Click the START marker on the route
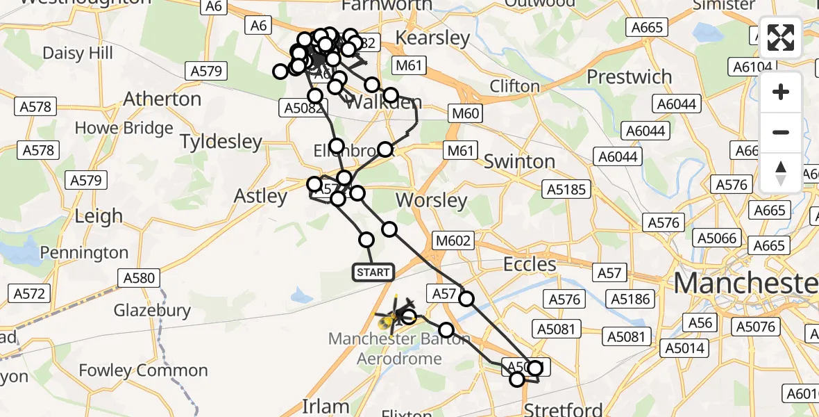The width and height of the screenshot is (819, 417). tap(374, 272)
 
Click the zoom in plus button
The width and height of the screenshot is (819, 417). tap(781, 92)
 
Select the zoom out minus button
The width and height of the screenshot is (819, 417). tap(781, 132)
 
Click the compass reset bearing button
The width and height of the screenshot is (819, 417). tap(781, 173)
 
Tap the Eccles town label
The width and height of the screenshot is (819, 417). tap(530, 264)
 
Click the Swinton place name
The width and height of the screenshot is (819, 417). tap(519, 161)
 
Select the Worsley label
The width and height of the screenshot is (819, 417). tap(431, 201)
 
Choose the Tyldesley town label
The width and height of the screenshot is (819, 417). tap(221, 142)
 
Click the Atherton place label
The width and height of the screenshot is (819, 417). tap(162, 99)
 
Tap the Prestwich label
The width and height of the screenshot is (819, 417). tap(630, 76)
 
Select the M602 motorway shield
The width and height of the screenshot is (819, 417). tap(454, 241)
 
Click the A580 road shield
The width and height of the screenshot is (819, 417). tap(139, 279)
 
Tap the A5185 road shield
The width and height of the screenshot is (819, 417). tap(567, 189)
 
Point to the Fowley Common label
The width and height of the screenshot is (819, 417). tap(144, 370)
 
